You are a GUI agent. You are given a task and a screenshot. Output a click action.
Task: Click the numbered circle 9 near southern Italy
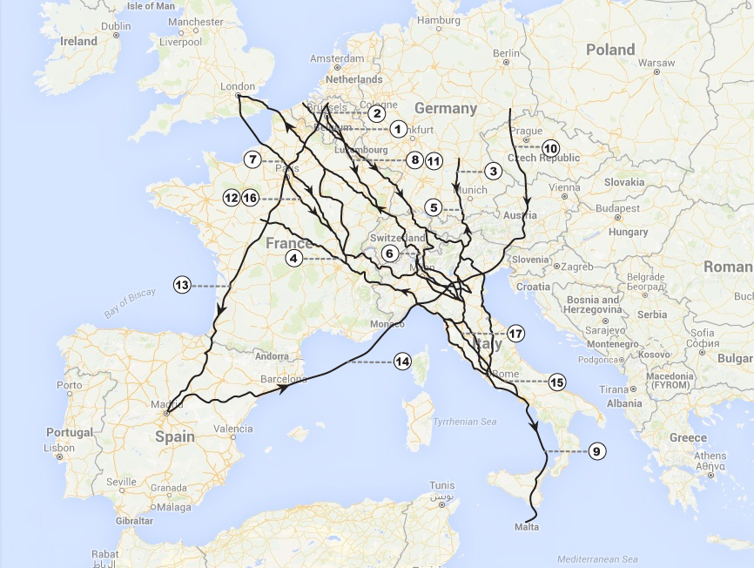pos(596,451)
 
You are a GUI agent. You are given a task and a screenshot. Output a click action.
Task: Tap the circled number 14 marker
pos(402,362)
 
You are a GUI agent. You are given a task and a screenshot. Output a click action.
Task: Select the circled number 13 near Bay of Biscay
pos(182,285)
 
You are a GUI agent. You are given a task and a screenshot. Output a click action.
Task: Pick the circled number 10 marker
pos(550,148)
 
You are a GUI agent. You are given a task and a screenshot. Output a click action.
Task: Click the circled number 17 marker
pos(516,334)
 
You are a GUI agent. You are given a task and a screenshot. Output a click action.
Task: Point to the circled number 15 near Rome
pos(557,382)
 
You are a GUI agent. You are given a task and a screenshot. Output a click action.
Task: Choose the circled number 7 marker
pos(252,159)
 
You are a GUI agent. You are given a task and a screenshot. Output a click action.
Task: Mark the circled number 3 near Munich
pos(493,171)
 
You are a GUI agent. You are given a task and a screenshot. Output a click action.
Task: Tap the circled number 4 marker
pos(294,258)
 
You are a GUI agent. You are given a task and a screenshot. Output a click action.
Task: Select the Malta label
pos(527,527)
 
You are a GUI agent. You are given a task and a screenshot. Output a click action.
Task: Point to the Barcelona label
pos(284,379)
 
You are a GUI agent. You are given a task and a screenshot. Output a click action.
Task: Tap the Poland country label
pos(609,50)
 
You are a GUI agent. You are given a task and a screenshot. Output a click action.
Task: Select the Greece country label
pos(688,437)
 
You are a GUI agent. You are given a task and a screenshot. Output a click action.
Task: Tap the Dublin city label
pos(116,26)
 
